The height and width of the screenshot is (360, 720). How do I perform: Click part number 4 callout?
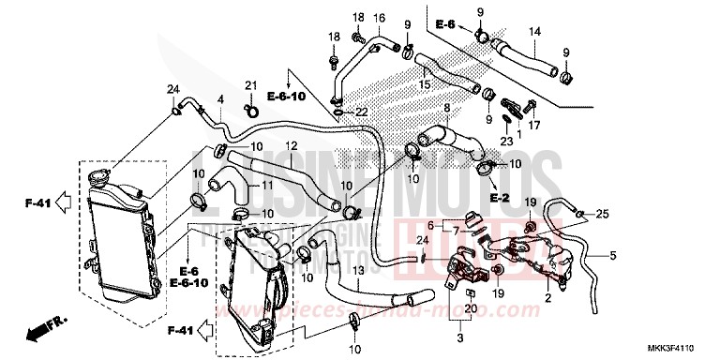coord(219,98)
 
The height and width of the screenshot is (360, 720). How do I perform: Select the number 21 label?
coord(250,86)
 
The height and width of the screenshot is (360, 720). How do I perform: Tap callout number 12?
coord(292,145)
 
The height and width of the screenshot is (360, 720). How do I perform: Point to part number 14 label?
coord(535,32)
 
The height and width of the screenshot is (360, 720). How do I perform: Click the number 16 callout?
coord(380,18)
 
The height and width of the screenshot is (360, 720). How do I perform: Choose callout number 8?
coord(446,110)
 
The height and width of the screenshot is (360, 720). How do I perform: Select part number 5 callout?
coord(614,255)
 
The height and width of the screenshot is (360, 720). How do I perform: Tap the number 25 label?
coord(603,215)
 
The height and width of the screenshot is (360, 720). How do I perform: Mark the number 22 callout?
coord(361,112)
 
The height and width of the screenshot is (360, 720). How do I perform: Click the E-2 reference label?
coord(498,199)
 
